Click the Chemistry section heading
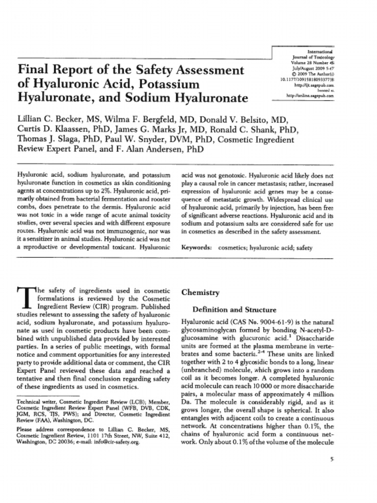tap(200, 292)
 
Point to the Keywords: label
tap(196, 248)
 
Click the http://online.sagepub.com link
tap(309, 96)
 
